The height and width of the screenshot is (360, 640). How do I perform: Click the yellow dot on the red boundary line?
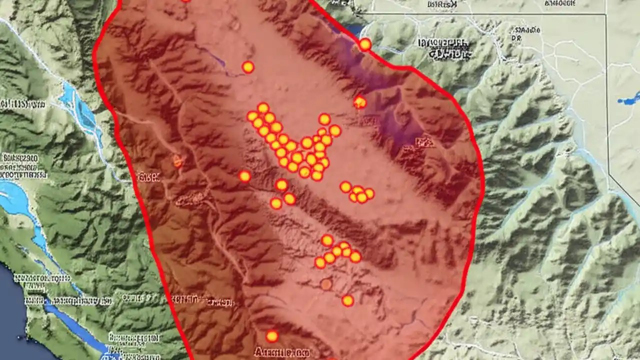coord(365,44)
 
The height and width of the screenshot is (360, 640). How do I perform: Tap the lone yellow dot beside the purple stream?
coord(248,67)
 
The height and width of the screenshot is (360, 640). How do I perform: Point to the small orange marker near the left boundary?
coord(176,161)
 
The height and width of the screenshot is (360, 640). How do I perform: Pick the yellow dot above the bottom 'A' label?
coord(271,336)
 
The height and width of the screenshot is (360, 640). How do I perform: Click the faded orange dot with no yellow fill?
coord(326,284)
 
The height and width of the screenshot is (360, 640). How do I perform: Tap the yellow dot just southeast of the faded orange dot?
coord(347,300)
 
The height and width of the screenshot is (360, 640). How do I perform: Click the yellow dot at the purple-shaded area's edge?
coord(359,102)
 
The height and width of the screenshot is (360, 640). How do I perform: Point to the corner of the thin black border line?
coord(606,14)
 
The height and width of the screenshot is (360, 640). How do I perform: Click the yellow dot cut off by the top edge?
coord(185,1)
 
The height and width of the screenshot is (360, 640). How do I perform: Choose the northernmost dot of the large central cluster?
coord(263,108)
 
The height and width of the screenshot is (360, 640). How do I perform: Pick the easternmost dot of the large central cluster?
coord(334,130)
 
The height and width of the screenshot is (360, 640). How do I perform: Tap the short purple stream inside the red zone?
coord(212,56)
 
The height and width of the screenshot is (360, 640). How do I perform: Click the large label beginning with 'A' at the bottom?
coord(280,352)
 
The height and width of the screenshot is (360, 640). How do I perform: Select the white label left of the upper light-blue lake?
coord(22,104)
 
